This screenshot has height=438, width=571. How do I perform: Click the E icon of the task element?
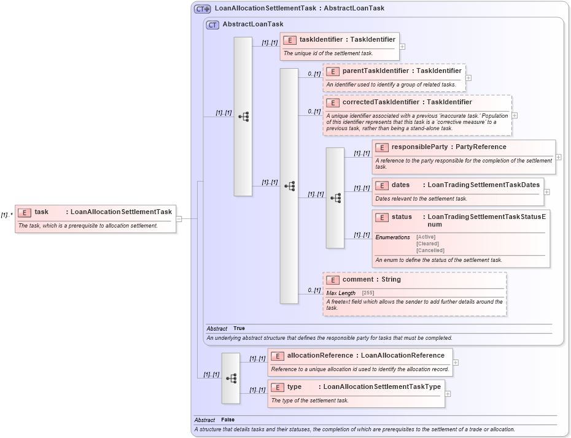(24, 212)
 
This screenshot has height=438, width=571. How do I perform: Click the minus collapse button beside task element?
(179, 218)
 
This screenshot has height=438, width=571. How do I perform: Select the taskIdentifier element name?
(321, 39)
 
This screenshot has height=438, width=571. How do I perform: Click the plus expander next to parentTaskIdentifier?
(468, 78)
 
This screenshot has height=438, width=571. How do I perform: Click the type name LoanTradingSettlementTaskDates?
(483, 185)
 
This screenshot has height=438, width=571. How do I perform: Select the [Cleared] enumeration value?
(428, 244)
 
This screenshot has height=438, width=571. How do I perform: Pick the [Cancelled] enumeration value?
(430, 250)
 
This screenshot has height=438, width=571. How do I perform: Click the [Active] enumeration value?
(426, 237)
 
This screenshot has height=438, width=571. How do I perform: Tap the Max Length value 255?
(368, 293)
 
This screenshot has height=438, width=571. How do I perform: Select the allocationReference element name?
(320, 355)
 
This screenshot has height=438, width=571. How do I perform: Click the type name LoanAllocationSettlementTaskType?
(382, 387)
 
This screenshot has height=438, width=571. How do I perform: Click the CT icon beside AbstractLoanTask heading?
(212, 25)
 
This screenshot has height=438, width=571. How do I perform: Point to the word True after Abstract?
(239, 328)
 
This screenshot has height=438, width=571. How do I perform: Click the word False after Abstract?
(228, 420)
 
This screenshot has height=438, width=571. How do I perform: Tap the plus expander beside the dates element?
(546, 192)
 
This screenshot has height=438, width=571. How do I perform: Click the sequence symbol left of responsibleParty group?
(335, 198)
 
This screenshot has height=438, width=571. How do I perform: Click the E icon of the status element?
(381, 217)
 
